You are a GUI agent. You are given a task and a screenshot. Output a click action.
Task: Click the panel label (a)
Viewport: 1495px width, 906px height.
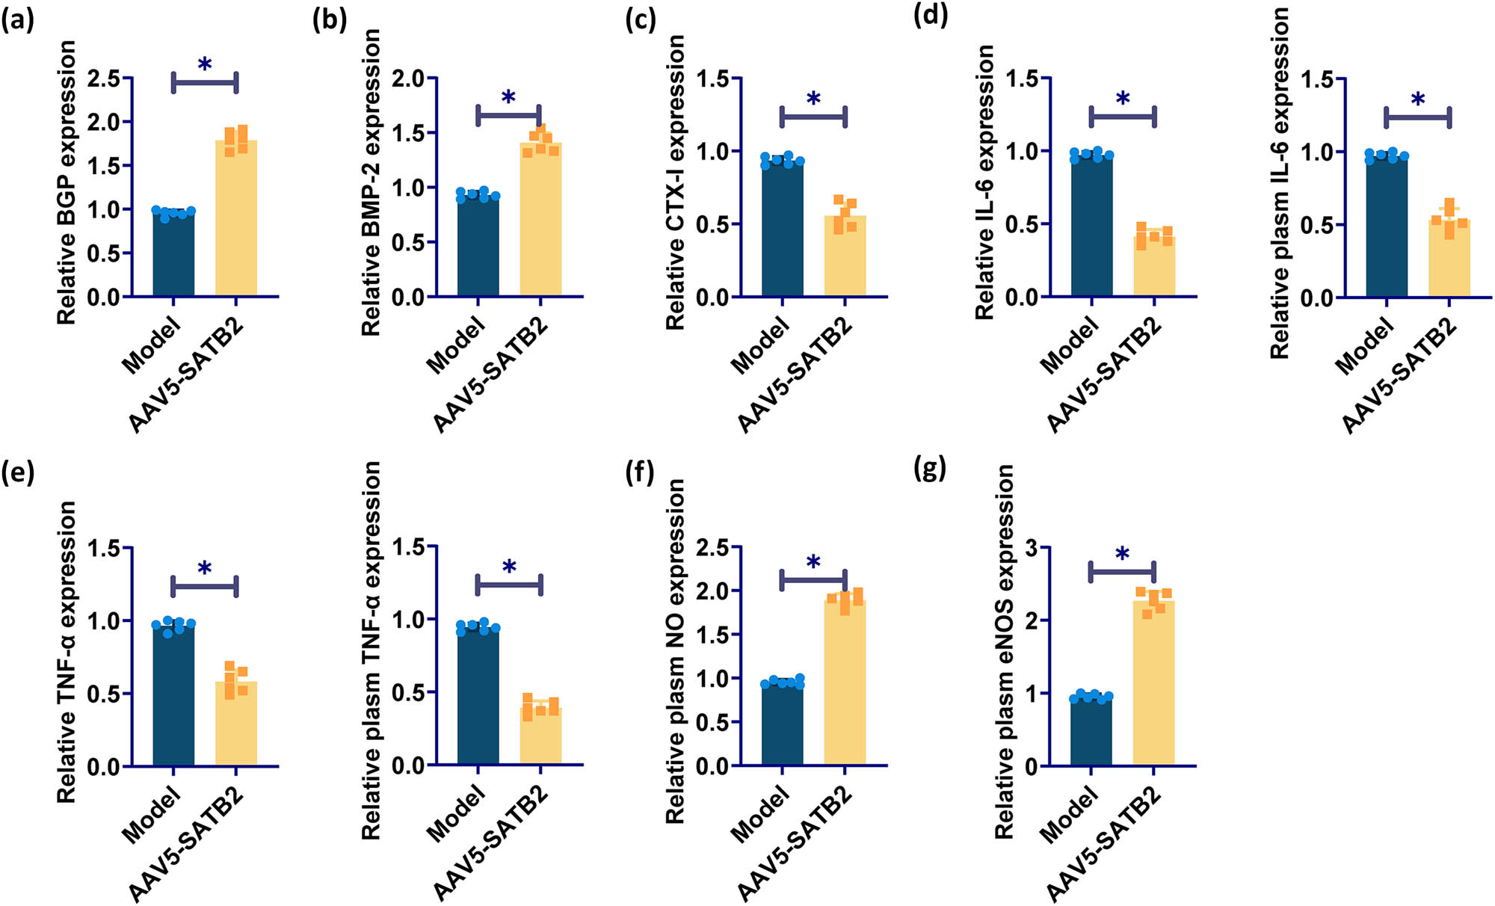click(x=18, y=20)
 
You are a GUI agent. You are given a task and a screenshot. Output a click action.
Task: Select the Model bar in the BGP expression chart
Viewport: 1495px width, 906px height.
click(x=173, y=254)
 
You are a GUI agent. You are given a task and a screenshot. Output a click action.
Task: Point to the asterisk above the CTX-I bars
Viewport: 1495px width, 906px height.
click(x=813, y=99)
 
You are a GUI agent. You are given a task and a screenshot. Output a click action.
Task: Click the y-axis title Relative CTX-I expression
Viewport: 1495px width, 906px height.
click(x=675, y=183)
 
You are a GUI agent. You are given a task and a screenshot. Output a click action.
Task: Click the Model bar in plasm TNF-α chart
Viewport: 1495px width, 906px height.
click(x=478, y=695)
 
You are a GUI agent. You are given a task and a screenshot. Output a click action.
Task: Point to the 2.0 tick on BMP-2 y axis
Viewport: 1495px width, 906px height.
click(x=407, y=78)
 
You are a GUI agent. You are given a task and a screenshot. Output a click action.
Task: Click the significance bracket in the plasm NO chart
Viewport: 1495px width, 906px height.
click(x=813, y=580)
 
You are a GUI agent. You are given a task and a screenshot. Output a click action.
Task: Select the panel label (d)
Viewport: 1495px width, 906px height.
click(x=931, y=16)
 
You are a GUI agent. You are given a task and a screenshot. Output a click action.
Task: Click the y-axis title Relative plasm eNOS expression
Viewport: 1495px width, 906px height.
click(x=1005, y=650)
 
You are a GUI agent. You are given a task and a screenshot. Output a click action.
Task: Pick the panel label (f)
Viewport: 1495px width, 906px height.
click(x=640, y=473)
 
